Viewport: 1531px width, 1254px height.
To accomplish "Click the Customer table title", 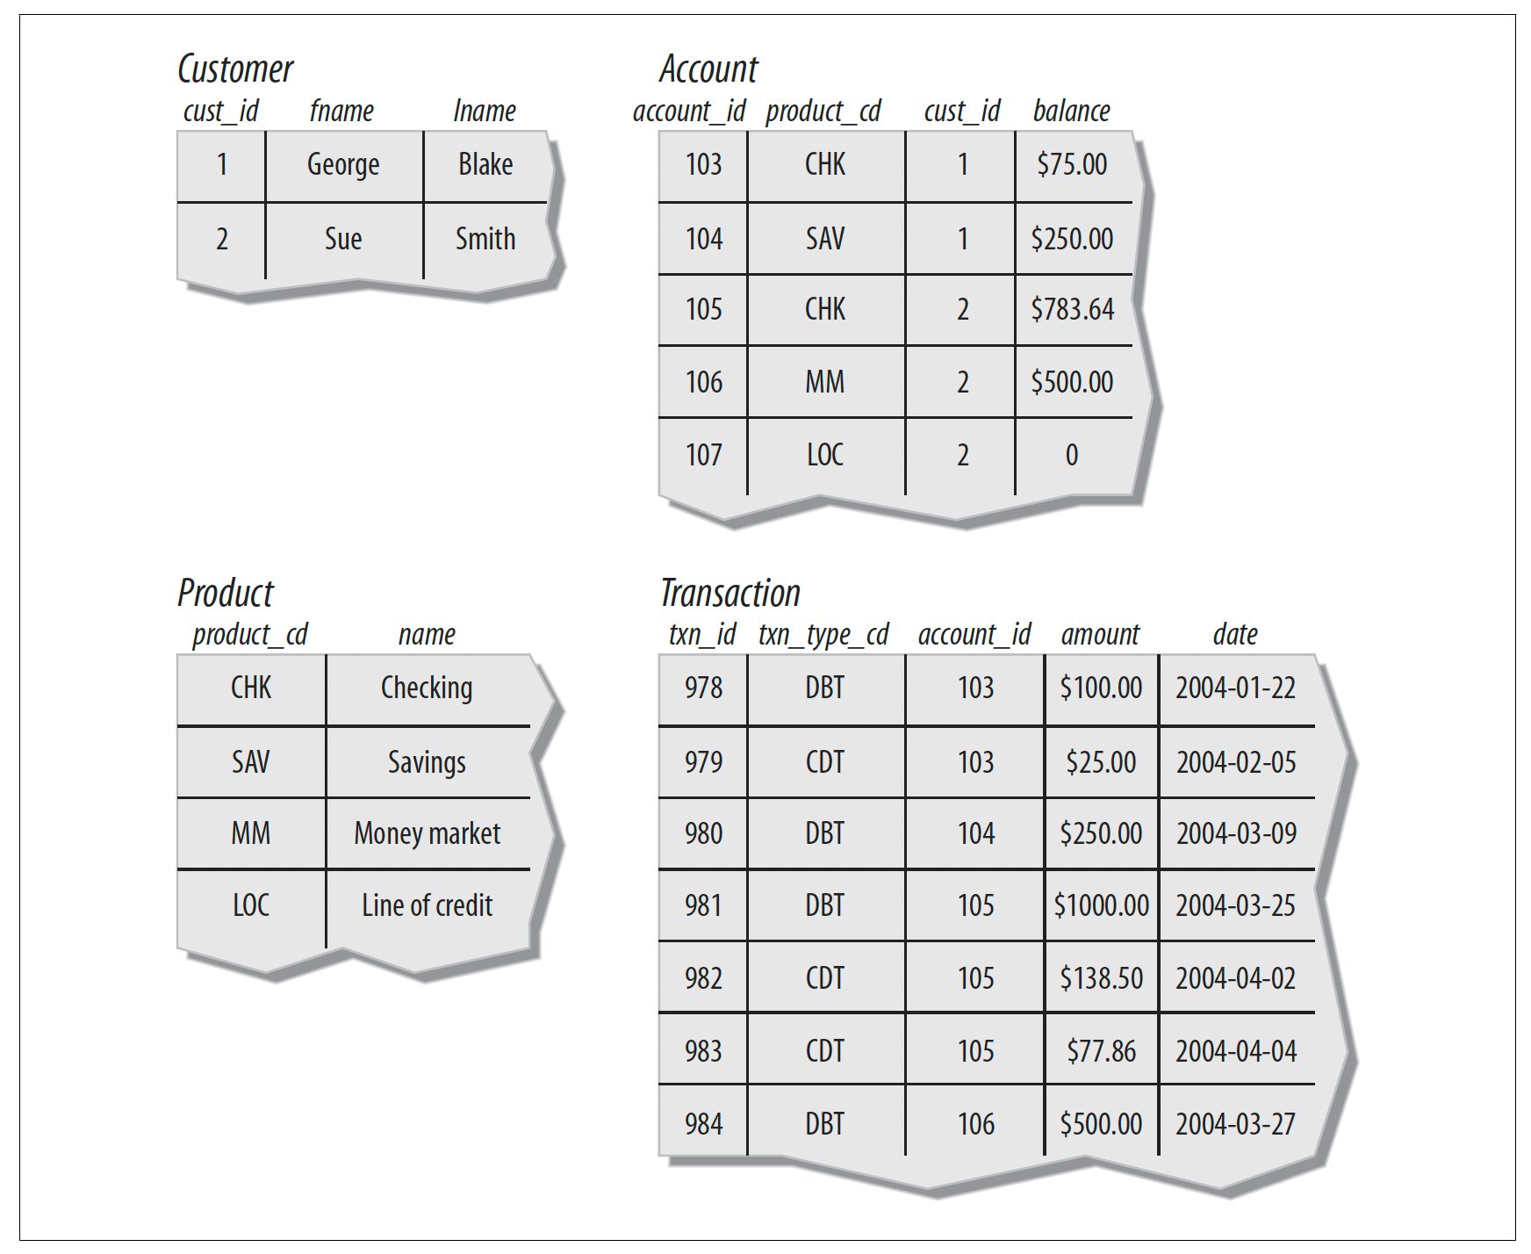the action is [x=235, y=69].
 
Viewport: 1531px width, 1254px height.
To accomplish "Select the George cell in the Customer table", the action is [x=343, y=165].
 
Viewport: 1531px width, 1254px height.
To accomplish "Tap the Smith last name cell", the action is [x=485, y=239].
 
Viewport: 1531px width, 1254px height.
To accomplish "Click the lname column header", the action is [x=485, y=112].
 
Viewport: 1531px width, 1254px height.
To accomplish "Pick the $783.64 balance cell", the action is [x=1073, y=310].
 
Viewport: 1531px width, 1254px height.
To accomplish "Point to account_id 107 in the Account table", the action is [x=704, y=455].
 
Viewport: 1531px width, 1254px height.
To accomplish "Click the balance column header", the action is [x=1072, y=112].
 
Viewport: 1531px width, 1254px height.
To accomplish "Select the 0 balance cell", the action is [x=1072, y=455].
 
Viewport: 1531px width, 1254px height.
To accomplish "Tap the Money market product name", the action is [x=428, y=833].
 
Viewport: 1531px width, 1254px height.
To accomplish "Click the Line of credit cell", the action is [x=428, y=905].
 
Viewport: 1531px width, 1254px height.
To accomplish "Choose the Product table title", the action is [x=226, y=594].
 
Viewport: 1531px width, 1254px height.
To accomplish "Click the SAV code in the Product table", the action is [x=251, y=761].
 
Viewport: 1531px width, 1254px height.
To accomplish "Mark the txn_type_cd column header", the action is [x=824, y=635].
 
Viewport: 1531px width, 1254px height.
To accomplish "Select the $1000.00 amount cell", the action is [x=1102, y=905].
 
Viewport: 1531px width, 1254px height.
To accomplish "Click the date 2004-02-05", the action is [x=1236, y=762].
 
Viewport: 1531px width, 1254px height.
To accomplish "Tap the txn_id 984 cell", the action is [x=704, y=1124].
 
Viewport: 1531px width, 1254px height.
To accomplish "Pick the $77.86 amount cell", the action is [x=1102, y=1051].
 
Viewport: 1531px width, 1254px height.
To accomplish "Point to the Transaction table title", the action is [x=730, y=594].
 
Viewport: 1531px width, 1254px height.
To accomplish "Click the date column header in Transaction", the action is [x=1235, y=635].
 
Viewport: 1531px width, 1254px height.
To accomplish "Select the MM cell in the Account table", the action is [x=825, y=382].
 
